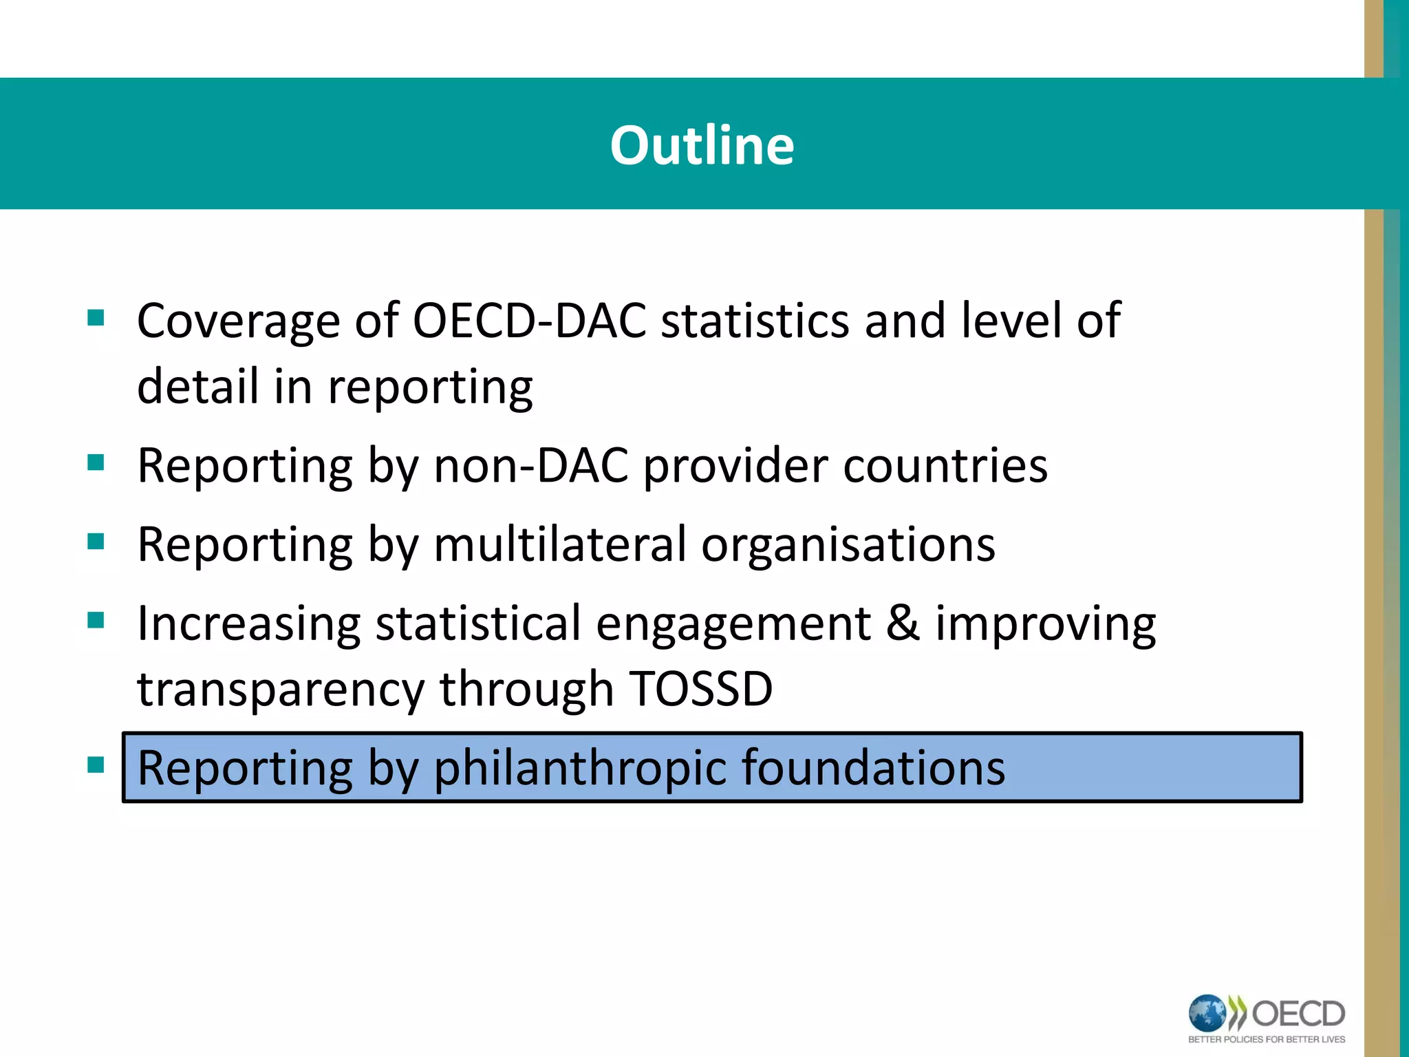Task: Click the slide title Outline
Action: pos(702,145)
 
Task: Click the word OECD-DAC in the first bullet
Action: pos(529,321)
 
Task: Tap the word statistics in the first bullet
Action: pos(754,321)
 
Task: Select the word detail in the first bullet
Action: pos(197,386)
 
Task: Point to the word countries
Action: pos(945,466)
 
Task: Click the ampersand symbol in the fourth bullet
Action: pos(903,623)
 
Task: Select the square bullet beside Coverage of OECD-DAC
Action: pos(96,318)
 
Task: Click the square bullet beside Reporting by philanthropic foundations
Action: pos(96,765)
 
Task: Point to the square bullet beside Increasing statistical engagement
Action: pos(96,621)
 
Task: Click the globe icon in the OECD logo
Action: pos(1207,1013)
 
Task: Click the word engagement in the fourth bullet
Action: pos(733,624)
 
